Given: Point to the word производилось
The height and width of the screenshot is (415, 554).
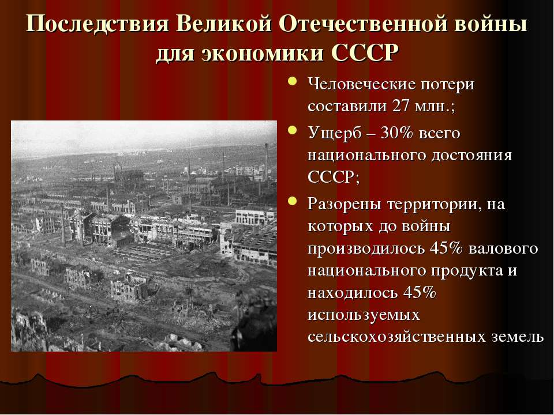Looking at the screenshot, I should point(366,248).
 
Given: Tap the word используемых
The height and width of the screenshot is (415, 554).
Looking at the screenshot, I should point(363,315).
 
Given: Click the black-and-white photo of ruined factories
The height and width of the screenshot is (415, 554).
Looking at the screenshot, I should point(144,236).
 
